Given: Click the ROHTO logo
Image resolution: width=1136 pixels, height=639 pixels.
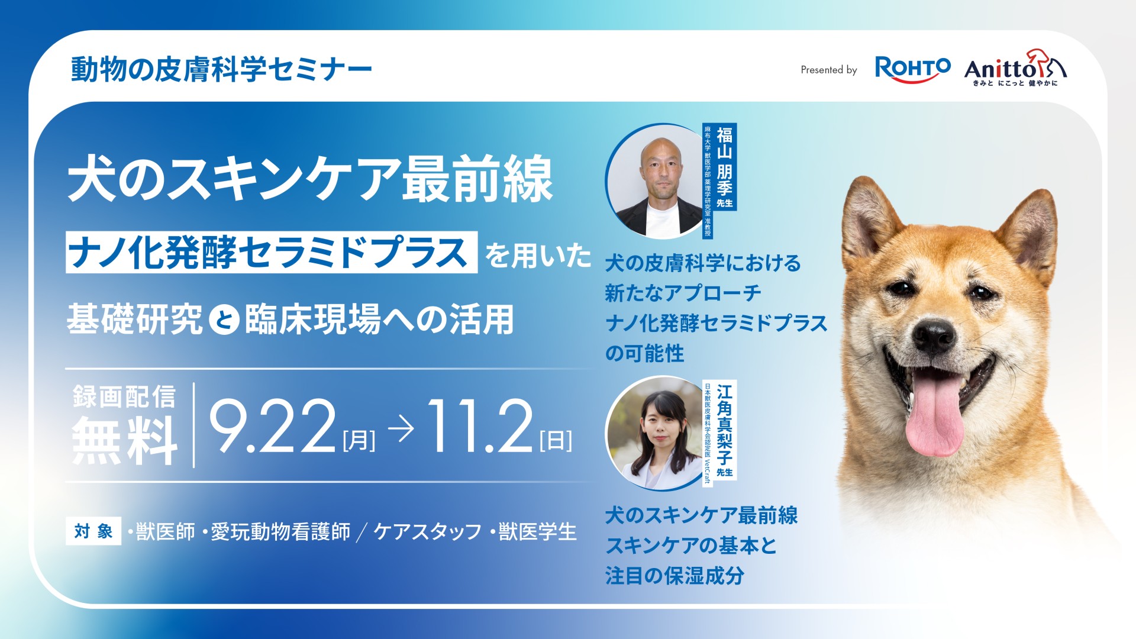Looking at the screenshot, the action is coord(912,69).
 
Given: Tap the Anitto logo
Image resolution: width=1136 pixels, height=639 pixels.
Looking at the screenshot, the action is coord(1015,68).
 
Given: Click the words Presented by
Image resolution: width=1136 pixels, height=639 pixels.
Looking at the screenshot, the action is coord(828,70).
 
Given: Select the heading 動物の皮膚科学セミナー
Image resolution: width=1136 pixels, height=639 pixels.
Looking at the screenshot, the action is coord(221,70).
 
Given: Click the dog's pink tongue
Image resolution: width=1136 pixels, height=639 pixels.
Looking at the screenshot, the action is coord(935,414).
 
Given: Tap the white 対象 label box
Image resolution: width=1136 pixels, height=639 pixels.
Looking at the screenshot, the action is coord(93,531).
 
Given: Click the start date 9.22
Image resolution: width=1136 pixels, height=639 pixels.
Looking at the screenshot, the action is coord(273,427).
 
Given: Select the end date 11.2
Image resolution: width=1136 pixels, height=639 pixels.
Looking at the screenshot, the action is coord(480,427).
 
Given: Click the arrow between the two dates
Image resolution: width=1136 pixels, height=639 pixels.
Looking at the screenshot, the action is coord(401,431).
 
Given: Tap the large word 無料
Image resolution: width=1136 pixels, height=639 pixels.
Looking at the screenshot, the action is coord(124,440).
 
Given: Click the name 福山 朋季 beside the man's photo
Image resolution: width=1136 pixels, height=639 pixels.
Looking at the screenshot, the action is coord(724,162).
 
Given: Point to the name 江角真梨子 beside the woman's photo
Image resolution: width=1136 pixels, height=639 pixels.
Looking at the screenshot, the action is coord(724,424).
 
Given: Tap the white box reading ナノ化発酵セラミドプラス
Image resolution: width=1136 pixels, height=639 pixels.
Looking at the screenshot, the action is coord(272,252).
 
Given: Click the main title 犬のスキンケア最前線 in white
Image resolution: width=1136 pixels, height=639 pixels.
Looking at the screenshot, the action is coord(311,179).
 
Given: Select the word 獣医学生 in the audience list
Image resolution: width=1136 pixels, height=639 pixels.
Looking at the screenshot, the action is coord(537,531).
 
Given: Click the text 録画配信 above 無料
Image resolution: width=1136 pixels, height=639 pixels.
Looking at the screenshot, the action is coord(124,396).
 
